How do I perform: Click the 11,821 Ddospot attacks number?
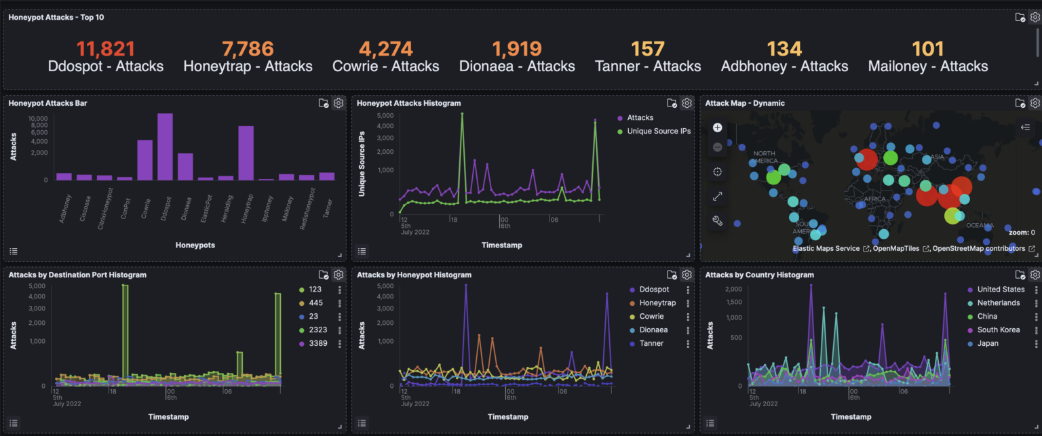pos(105,49)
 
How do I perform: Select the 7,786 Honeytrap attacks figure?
pos(248,49)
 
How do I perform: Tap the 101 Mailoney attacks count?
pos(927,49)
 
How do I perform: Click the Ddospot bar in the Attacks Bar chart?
pos(165,146)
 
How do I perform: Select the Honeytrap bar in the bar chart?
pos(246,153)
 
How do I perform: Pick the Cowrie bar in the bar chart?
pos(144,159)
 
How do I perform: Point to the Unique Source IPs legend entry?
pos(658,131)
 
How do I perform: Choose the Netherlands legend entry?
pos(998,303)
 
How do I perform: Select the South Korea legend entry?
pos(998,330)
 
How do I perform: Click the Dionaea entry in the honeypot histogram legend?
pos(653,330)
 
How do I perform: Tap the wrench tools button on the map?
pos(717,220)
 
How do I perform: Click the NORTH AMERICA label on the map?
pos(764,157)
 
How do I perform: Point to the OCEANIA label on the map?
pos(980,225)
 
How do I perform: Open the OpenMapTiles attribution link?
pos(895,249)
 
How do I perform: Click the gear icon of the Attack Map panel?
pos(1035,103)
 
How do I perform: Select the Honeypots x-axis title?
pos(195,245)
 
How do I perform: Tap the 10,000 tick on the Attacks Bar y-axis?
pos(37,119)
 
